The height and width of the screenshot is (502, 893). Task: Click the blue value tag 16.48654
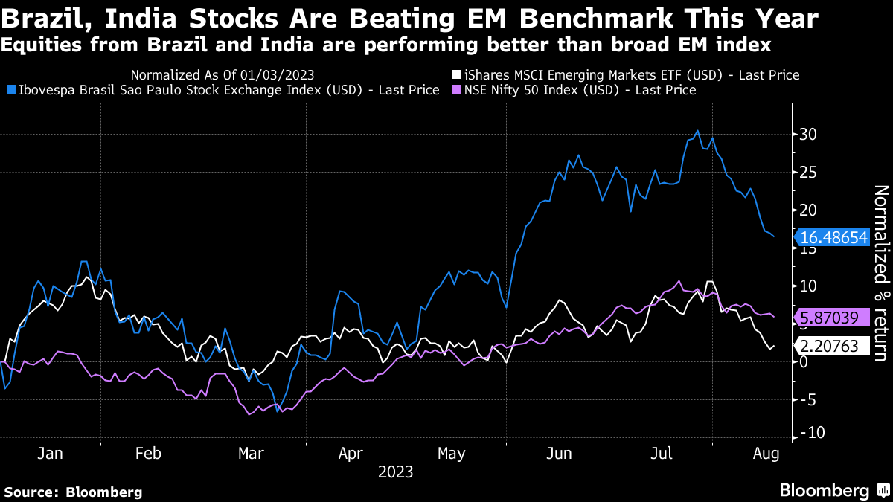tap(833, 238)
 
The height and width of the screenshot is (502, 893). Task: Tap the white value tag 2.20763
tap(833, 346)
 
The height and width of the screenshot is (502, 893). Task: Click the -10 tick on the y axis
tap(807, 434)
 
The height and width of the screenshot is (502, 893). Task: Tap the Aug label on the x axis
tap(766, 453)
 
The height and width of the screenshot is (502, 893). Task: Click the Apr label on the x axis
tap(350, 453)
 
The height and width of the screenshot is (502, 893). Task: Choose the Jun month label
tap(559, 453)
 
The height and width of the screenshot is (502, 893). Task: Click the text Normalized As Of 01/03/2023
tap(222, 75)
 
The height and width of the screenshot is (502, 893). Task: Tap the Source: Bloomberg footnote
tap(73, 492)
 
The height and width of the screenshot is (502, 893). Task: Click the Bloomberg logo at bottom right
tap(833, 490)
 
